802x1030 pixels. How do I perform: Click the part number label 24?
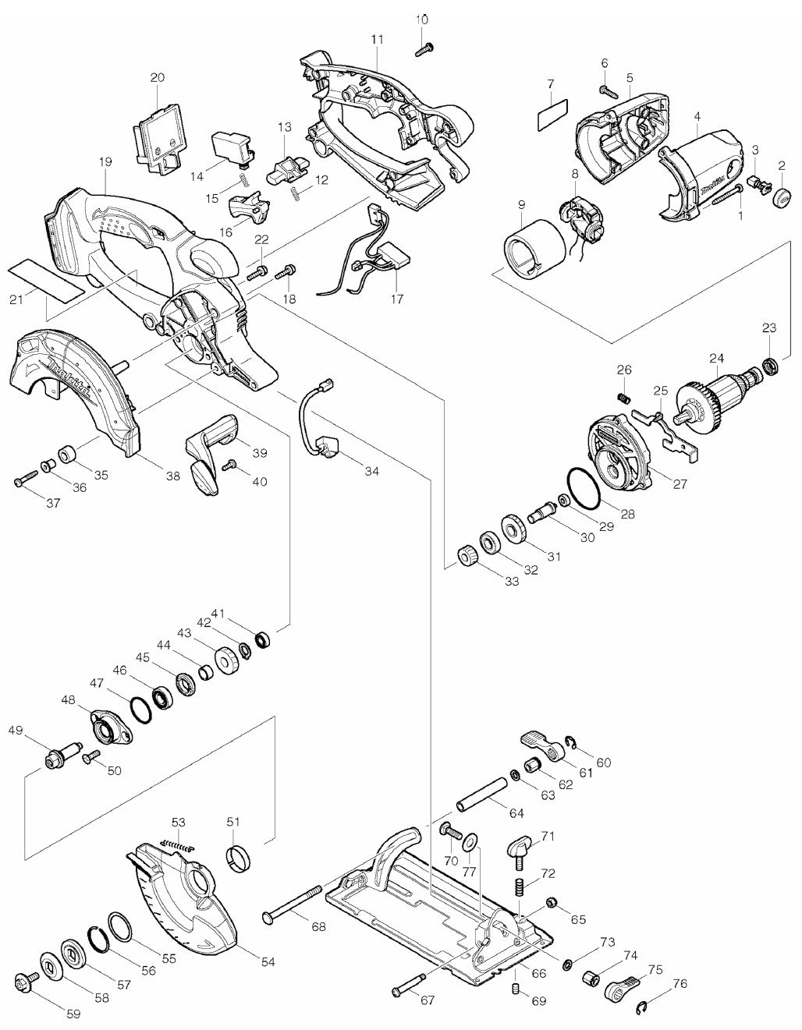(x=716, y=359)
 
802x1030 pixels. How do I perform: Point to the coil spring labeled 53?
(x=179, y=839)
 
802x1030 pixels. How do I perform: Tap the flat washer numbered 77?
(x=470, y=842)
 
